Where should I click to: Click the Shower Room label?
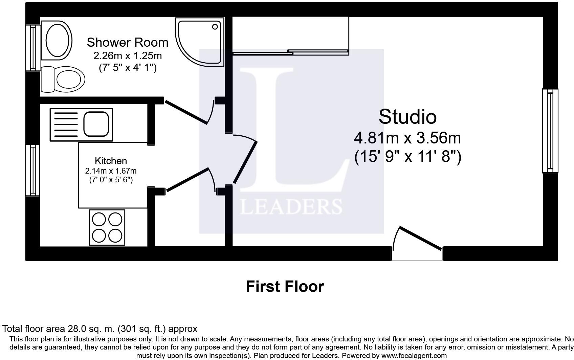tap(127, 43)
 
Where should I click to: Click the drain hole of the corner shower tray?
tap(215, 27)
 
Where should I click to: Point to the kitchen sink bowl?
tap(96, 124)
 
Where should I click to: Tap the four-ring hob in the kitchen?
tap(107, 227)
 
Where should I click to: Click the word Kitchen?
tap(111, 161)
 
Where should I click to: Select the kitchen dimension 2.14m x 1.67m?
tap(111, 171)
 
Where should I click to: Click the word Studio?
tap(407, 117)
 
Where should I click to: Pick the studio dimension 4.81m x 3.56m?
tap(407, 138)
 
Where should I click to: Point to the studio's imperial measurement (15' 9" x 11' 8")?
tap(407, 157)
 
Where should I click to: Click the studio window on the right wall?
tap(550, 131)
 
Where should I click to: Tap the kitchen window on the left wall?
tap(32, 170)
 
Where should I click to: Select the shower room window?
tap(33, 48)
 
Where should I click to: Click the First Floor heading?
tap(285, 287)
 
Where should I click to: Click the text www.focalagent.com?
tap(414, 356)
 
